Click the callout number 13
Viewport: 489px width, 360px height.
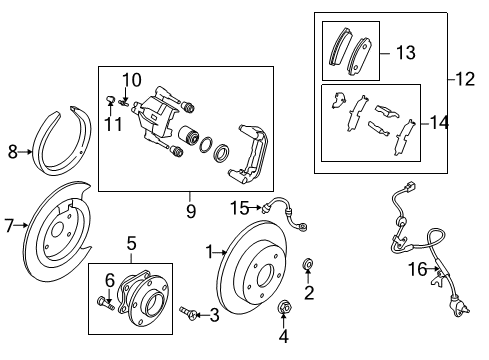406,53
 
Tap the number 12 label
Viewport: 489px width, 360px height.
465,79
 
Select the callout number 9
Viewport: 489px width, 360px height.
191,211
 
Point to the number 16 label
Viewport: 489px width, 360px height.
417,269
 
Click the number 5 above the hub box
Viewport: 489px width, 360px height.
132,243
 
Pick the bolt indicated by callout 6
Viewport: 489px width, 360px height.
106,303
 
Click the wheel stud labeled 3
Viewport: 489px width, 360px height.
187,313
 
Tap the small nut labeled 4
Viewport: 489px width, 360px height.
285,306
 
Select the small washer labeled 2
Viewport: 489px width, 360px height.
308,264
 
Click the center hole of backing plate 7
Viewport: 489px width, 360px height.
56,230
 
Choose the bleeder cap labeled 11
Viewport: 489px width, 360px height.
110,99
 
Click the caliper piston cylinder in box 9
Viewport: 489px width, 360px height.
189,135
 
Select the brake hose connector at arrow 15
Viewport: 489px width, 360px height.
265,208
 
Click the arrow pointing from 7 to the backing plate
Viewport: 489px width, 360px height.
21,225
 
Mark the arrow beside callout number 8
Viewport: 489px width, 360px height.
25,152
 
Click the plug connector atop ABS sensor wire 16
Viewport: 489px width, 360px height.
410,186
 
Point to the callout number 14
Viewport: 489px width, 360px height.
440,123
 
